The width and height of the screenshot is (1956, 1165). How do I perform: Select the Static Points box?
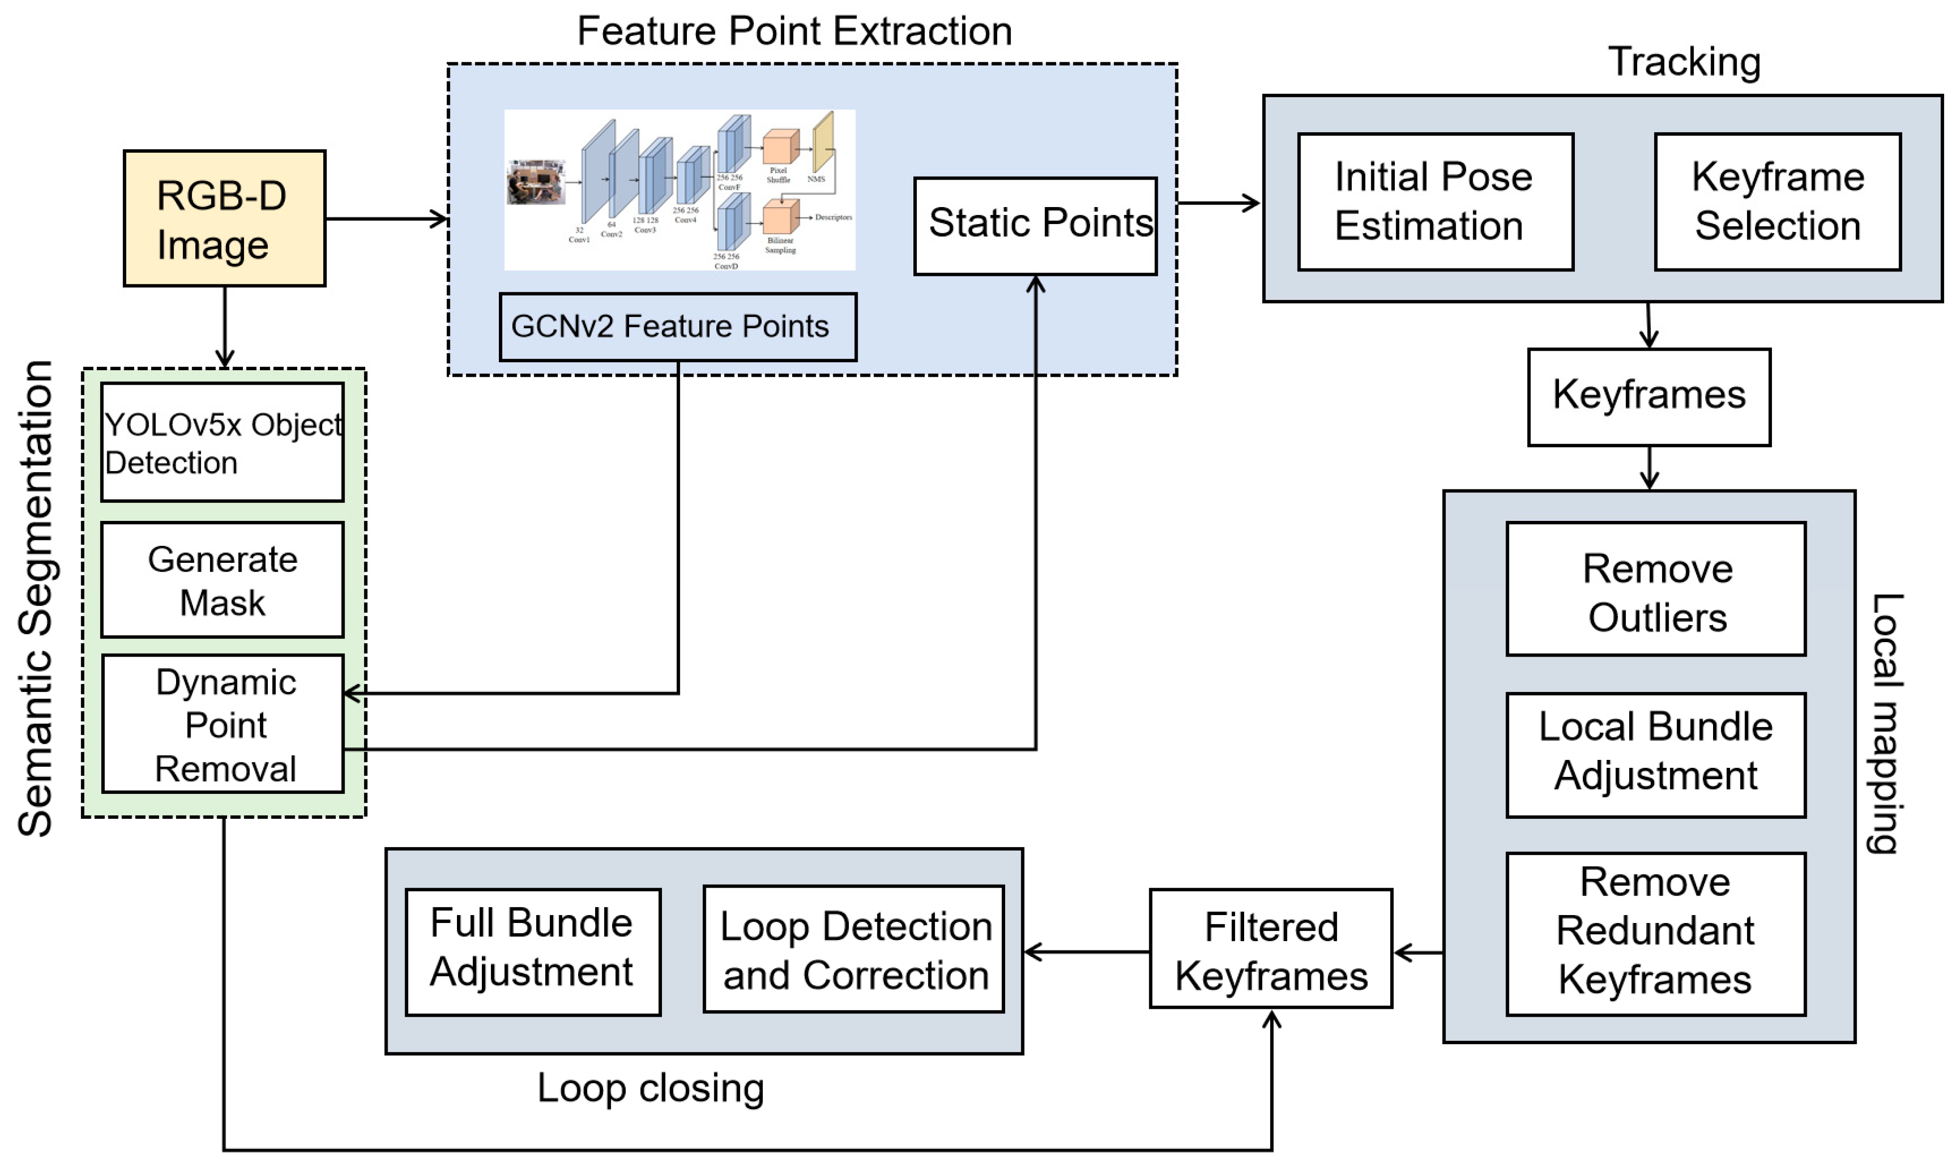[1035, 226]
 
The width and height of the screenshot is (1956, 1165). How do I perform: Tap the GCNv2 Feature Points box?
[677, 327]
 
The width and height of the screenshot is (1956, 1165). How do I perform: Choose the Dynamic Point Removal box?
[223, 724]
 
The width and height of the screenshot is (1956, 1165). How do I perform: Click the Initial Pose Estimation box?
[1435, 202]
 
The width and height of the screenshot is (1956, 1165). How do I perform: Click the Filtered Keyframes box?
[1270, 948]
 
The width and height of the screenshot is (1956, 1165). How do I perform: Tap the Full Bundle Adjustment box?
[532, 951]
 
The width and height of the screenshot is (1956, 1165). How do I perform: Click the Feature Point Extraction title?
[794, 31]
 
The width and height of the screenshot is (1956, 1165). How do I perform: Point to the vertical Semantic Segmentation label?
[35, 598]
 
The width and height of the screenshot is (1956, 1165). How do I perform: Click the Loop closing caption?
[650, 1088]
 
